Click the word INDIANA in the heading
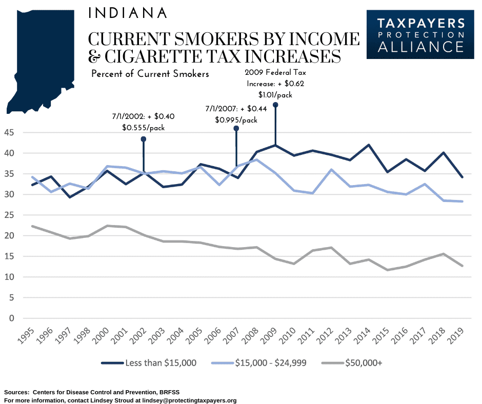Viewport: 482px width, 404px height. coord(128,13)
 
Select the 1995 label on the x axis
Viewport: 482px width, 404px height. coord(26,335)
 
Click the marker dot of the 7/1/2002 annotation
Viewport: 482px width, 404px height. coord(144,139)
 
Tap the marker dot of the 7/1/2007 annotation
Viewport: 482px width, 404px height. coord(236,128)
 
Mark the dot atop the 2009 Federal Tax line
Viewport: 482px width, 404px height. coord(276,105)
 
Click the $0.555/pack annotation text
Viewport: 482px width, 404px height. coord(144,128)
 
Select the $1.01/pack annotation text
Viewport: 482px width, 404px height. coord(275,94)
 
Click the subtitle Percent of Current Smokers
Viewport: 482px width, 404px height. coord(150,74)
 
